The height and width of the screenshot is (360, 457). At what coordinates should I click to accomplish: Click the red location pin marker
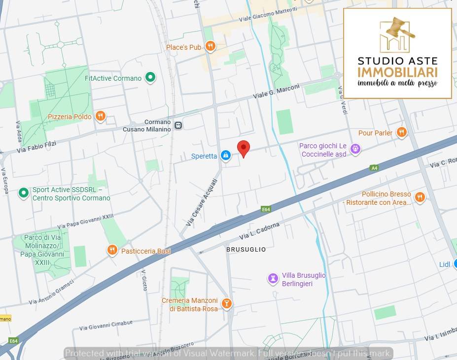[244, 148]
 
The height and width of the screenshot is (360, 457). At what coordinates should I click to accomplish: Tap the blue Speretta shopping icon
[225, 156]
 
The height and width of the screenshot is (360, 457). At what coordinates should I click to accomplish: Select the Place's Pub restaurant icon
[211, 47]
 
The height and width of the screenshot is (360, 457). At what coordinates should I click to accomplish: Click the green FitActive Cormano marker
[151, 78]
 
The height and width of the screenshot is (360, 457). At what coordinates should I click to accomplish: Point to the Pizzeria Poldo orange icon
[101, 116]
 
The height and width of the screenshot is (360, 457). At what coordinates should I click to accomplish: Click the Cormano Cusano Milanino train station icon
[178, 126]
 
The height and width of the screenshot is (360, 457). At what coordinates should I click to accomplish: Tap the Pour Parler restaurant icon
[402, 132]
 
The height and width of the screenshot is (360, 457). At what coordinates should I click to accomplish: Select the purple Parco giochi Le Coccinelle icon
[355, 150]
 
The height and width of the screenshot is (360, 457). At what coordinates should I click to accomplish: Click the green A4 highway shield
[374, 168]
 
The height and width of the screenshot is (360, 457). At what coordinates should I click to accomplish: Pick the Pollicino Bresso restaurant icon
[420, 197]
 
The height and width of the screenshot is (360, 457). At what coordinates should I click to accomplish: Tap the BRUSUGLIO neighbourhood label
[246, 250]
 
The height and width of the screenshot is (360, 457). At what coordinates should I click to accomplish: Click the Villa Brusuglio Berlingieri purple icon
[273, 279]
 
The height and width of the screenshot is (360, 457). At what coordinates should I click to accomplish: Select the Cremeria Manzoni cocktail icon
[226, 304]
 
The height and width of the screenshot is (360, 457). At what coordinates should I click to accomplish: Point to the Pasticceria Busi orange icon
[112, 251]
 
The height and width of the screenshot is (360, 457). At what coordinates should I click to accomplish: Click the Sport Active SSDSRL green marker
[23, 194]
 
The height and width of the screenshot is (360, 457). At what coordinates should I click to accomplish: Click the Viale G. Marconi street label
[277, 91]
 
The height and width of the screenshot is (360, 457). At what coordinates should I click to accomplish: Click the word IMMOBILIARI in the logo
[397, 72]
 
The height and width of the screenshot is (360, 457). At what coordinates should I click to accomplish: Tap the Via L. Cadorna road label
[260, 231]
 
